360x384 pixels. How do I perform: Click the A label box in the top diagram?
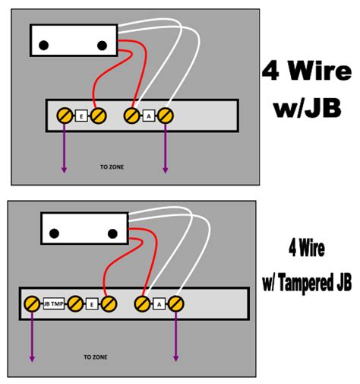tap(149, 116)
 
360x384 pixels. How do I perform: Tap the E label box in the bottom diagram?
tap(91, 303)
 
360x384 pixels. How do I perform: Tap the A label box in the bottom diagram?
tap(159, 303)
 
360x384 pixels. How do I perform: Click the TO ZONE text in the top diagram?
tap(114, 164)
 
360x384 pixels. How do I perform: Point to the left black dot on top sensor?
tap(45, 46)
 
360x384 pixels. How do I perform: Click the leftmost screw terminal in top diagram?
tap(65, 116)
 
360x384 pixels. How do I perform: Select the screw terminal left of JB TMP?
tap(32, 303)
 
